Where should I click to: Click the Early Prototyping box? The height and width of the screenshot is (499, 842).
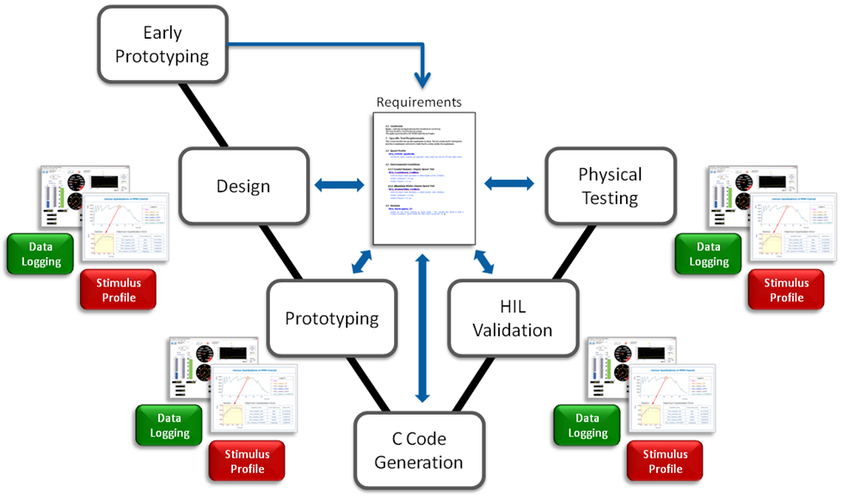click(x=163, y=45)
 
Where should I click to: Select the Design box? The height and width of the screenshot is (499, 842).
click(x=243, y=186)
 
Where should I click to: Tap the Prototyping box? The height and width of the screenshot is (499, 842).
click(x=332, y=318)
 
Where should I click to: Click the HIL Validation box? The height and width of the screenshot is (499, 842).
click(x=512, y=317)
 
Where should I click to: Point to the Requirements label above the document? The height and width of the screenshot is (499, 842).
click(x=419, y=102)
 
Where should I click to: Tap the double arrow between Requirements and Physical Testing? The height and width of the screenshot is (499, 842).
click(x=509, y=183)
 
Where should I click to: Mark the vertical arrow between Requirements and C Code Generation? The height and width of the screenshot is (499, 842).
click(x=421, y=327)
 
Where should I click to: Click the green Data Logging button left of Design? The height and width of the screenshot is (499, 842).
click(x=40, y=254)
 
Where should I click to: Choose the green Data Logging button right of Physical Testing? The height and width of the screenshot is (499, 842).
click(x=708, y=254)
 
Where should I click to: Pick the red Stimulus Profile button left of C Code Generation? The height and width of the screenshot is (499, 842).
click(x=247, y=462)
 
